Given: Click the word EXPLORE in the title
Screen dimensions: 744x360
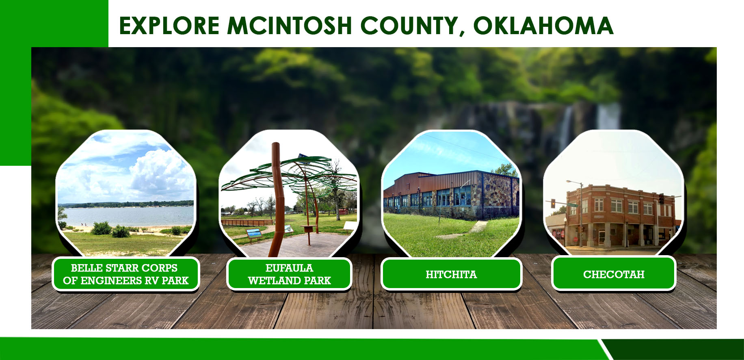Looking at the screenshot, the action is tap(169, 26).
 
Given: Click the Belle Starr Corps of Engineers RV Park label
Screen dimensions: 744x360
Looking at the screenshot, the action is tap(125, 274).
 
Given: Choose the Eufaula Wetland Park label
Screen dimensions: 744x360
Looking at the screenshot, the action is tap(289, 274).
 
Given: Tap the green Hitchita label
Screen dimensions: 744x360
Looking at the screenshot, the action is tap(451, 274).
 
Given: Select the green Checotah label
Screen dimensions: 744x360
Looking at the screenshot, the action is tap(614, 274).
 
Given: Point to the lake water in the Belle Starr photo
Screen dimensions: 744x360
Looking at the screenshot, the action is tap(130, 216).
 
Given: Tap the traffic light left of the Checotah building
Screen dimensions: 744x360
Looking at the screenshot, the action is tap(553, 204).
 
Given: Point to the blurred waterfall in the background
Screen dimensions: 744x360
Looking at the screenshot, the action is tap(589, 122).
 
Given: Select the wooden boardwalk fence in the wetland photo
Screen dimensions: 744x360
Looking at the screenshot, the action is tap(248, 222).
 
